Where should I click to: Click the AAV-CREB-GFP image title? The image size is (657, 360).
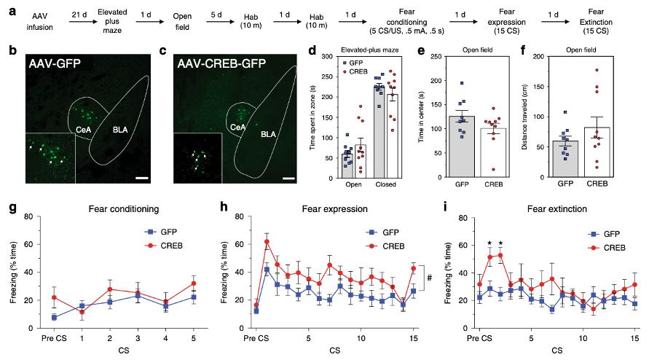pyautogui.click(x=221, y=63)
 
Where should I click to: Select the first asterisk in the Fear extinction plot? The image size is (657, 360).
pyautogui.click(x=489, y=242)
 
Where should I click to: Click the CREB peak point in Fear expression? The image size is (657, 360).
pyautogui.click(x=267, y=242)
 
